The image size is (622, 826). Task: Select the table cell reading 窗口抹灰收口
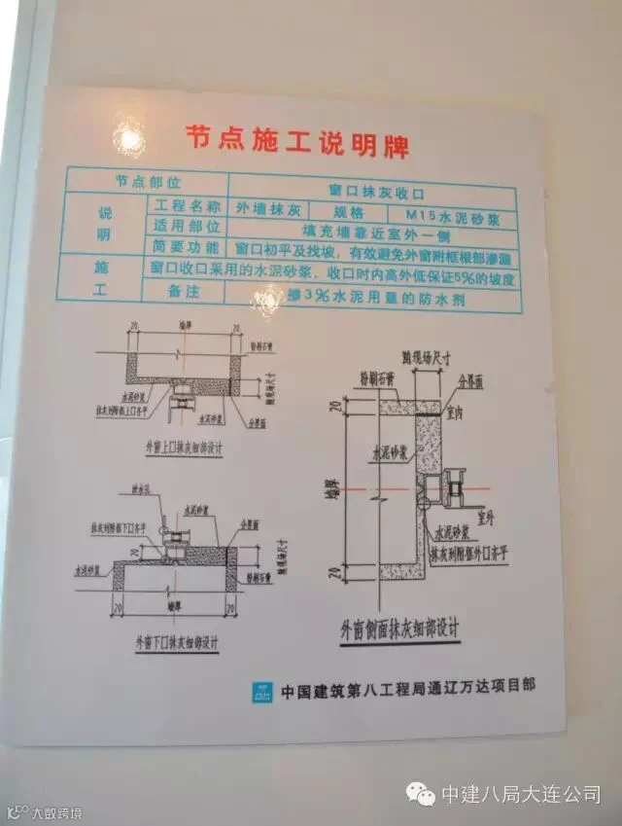click(x=371, y=191)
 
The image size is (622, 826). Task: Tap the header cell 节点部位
click(x=148, y=181)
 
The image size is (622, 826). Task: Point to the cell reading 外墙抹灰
click(x=266, y=208)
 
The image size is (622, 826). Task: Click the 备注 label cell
click(x=182, y=289)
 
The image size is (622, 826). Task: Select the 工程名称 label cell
click(x=184, y=205)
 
